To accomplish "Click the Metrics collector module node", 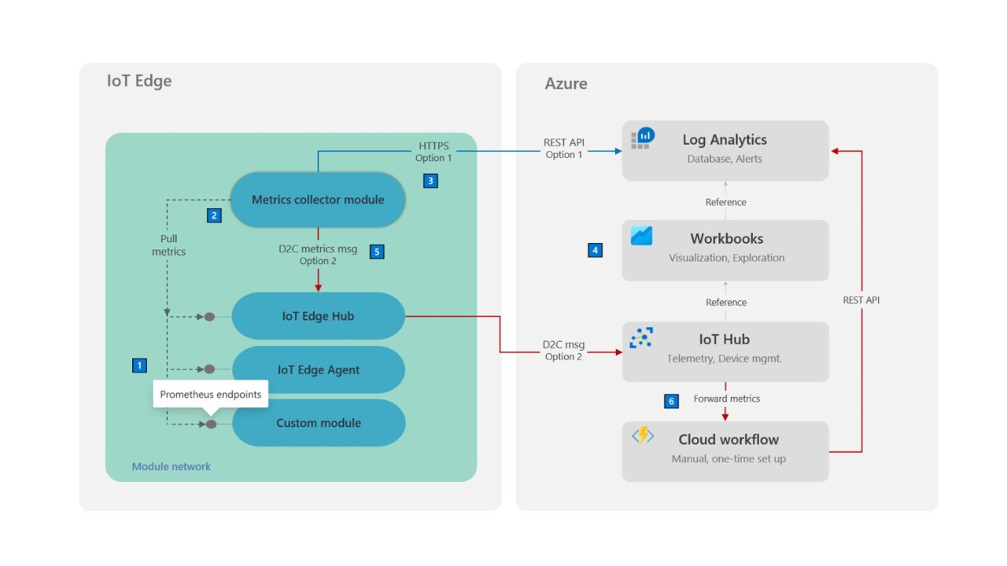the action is [x=318, y=200].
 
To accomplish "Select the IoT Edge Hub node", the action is [x=319, y=316].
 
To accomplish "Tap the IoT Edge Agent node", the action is [x=319, y=369].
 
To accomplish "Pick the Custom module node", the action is [x=319, y=423].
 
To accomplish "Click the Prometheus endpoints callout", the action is [x=210, y=395].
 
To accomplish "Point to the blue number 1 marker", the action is [x=139, y=366].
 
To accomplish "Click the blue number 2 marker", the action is [x=214, y=215].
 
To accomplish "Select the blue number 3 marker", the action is [x=430, y=181].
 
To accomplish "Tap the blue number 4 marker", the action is [x=596, y=250].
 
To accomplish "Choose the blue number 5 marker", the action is [x=377, y=252].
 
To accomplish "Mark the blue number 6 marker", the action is [x=671, y=401].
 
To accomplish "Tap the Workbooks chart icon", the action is [x=641, y=236].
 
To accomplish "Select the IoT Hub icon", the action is [x=641, y=338].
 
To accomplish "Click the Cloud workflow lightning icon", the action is [x=643, y=436].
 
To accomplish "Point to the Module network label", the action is [x=172, y=466].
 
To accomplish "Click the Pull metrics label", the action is [x=168, y=244].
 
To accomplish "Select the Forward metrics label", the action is [x=726, y=399].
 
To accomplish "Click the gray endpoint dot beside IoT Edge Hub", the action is [x=209, y=317].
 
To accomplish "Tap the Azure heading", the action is [x=566, y=83].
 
